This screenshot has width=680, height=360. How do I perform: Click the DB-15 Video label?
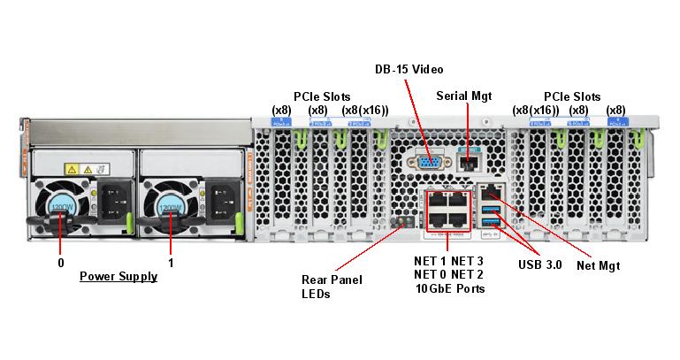[409, 69]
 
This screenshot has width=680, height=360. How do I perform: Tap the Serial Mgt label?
[463, 96]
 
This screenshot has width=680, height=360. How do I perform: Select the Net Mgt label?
[598, 264]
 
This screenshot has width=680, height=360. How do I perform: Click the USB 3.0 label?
[539, 264]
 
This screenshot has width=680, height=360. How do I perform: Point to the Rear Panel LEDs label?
[332, 287]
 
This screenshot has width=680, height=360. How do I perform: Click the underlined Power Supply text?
[118, 276]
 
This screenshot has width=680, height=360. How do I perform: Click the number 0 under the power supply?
[61, 263]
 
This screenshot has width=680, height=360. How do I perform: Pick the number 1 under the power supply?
[171, 263]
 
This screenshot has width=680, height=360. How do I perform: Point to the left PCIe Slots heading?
[322, 96]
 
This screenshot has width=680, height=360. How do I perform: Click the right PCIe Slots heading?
[572, 96]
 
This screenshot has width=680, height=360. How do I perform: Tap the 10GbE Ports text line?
[450, 288]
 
